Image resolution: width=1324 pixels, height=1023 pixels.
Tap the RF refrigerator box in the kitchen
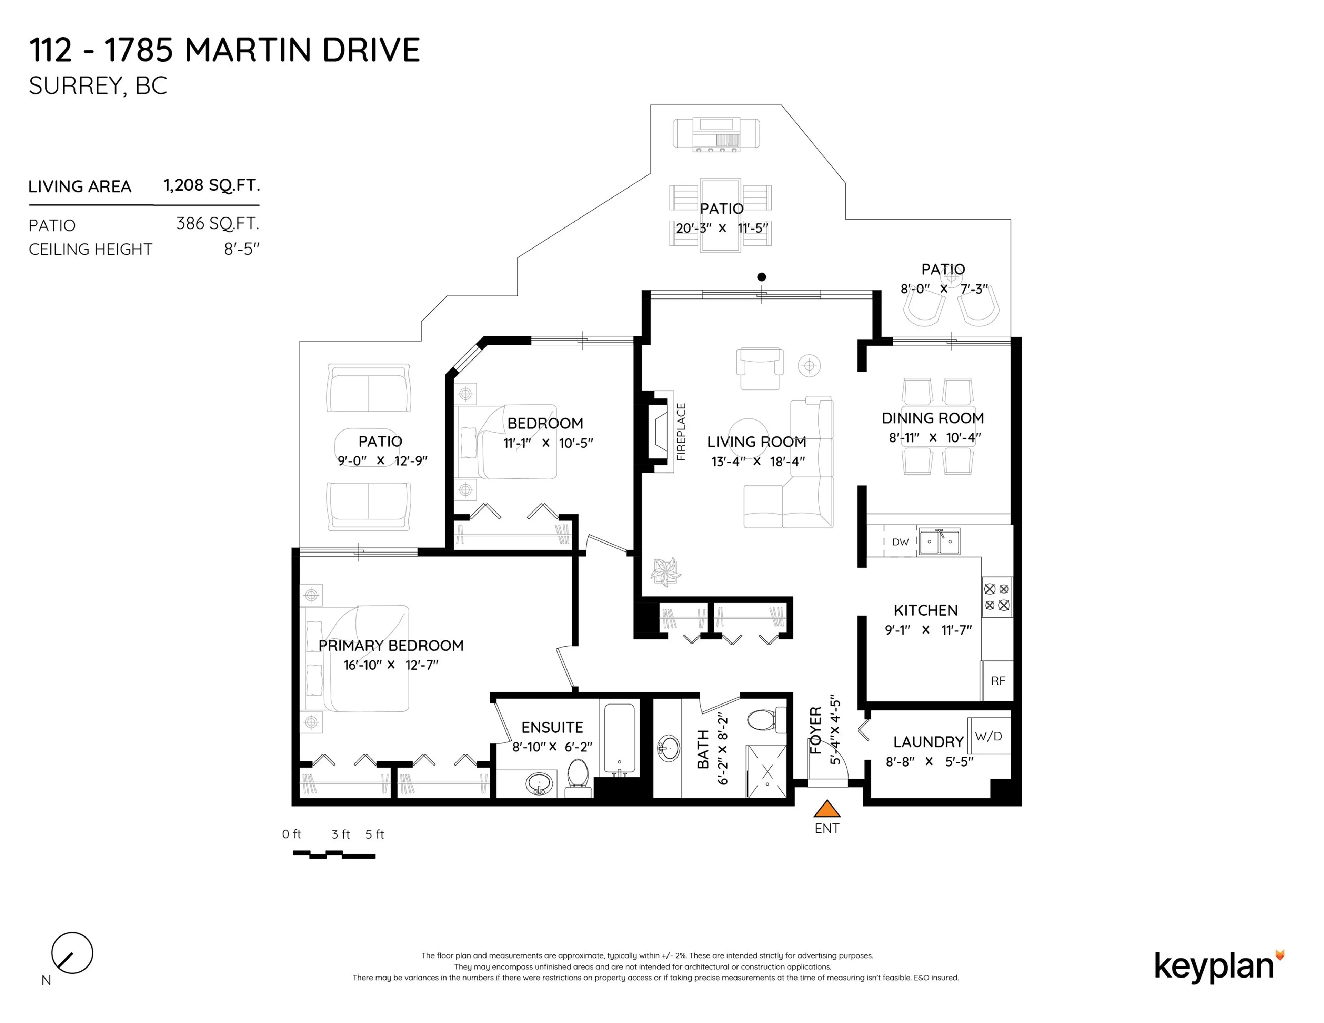tap(997, 681)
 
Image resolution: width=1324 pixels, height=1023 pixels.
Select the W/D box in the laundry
tap(988, 736)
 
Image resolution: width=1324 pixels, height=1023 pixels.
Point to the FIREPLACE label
tap(681, 432)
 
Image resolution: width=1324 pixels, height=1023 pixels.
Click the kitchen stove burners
tap(997, 597)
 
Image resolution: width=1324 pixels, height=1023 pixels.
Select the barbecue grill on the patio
tap(716, 134)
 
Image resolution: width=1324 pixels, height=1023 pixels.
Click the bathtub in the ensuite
tap(619, 739)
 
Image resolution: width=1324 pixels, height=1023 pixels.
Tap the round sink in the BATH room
tap(669, 747)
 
